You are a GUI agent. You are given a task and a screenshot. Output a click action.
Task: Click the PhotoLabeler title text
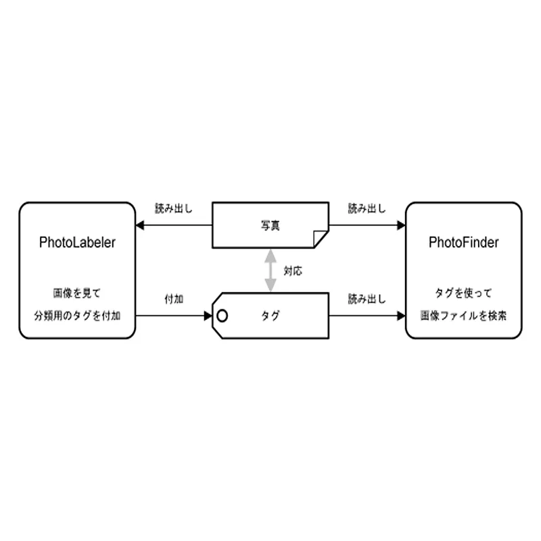[x=77, y=243]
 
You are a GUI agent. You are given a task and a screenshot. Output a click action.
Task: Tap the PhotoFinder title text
[x=464, y=243]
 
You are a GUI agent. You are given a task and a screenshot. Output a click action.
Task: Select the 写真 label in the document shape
[x=270, y=225]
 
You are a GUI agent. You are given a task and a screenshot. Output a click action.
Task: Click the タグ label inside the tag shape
[x=270, y=315]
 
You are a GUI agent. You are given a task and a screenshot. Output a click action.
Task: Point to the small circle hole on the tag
[x=222, y=315]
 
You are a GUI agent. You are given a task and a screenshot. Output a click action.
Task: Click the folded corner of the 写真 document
[x=320, y=238]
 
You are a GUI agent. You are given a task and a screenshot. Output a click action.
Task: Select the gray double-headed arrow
[x=270, y=270]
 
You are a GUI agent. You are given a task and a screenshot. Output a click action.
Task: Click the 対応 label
[x=293, y=271]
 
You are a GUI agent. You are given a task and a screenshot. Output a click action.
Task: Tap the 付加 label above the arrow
[x=174, y=299]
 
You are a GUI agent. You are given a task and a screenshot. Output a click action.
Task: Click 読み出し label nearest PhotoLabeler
[x=174, y=208]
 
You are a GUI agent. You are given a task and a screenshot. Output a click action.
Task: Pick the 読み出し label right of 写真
[x=367, y=208]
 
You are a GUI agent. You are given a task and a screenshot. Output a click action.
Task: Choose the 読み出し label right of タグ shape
[x=367, y=299]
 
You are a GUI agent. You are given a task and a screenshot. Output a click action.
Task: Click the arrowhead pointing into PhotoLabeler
[x=140, y=225]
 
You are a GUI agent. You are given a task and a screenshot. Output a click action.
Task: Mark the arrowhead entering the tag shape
[x=208, y=315]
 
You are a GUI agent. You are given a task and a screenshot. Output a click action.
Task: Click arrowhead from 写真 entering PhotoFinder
[x=401, y=225]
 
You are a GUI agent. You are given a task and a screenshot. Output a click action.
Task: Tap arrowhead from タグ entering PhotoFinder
[x=401, y=315]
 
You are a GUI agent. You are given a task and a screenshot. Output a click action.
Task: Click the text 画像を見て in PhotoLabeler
[x=77, y=293]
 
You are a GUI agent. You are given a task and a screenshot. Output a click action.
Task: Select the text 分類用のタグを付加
[x=77, y=315]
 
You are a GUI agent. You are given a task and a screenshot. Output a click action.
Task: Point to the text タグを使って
[x=463, y=293]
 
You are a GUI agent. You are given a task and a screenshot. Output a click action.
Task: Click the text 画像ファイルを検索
[x=464, y=315]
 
